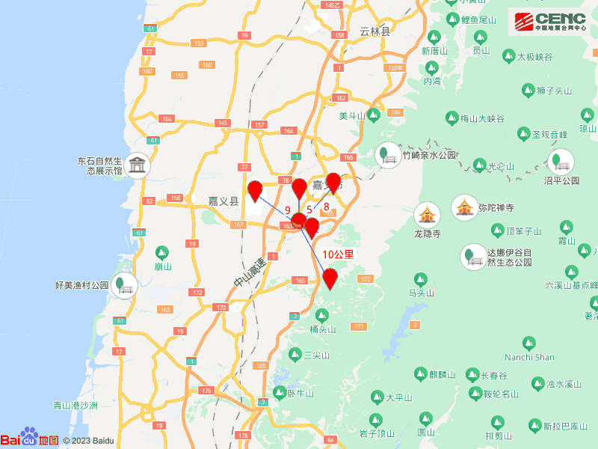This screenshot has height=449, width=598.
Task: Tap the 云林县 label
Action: click(374, 31)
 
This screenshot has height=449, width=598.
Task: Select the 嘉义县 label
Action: click(223, 201)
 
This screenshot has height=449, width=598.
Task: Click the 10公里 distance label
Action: click(338, 254)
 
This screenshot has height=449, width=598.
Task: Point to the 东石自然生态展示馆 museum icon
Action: click(137, 165)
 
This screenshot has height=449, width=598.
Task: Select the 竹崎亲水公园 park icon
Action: click(388, 154)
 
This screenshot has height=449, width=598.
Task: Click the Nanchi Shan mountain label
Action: click(529, 358)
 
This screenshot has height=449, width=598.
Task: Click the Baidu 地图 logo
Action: click(30, 439)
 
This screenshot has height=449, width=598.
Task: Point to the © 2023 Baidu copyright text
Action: click(88, 441)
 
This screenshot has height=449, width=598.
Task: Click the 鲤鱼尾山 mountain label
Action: click(479, 19)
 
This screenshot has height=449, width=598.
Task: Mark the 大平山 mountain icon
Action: click(378, 397)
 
